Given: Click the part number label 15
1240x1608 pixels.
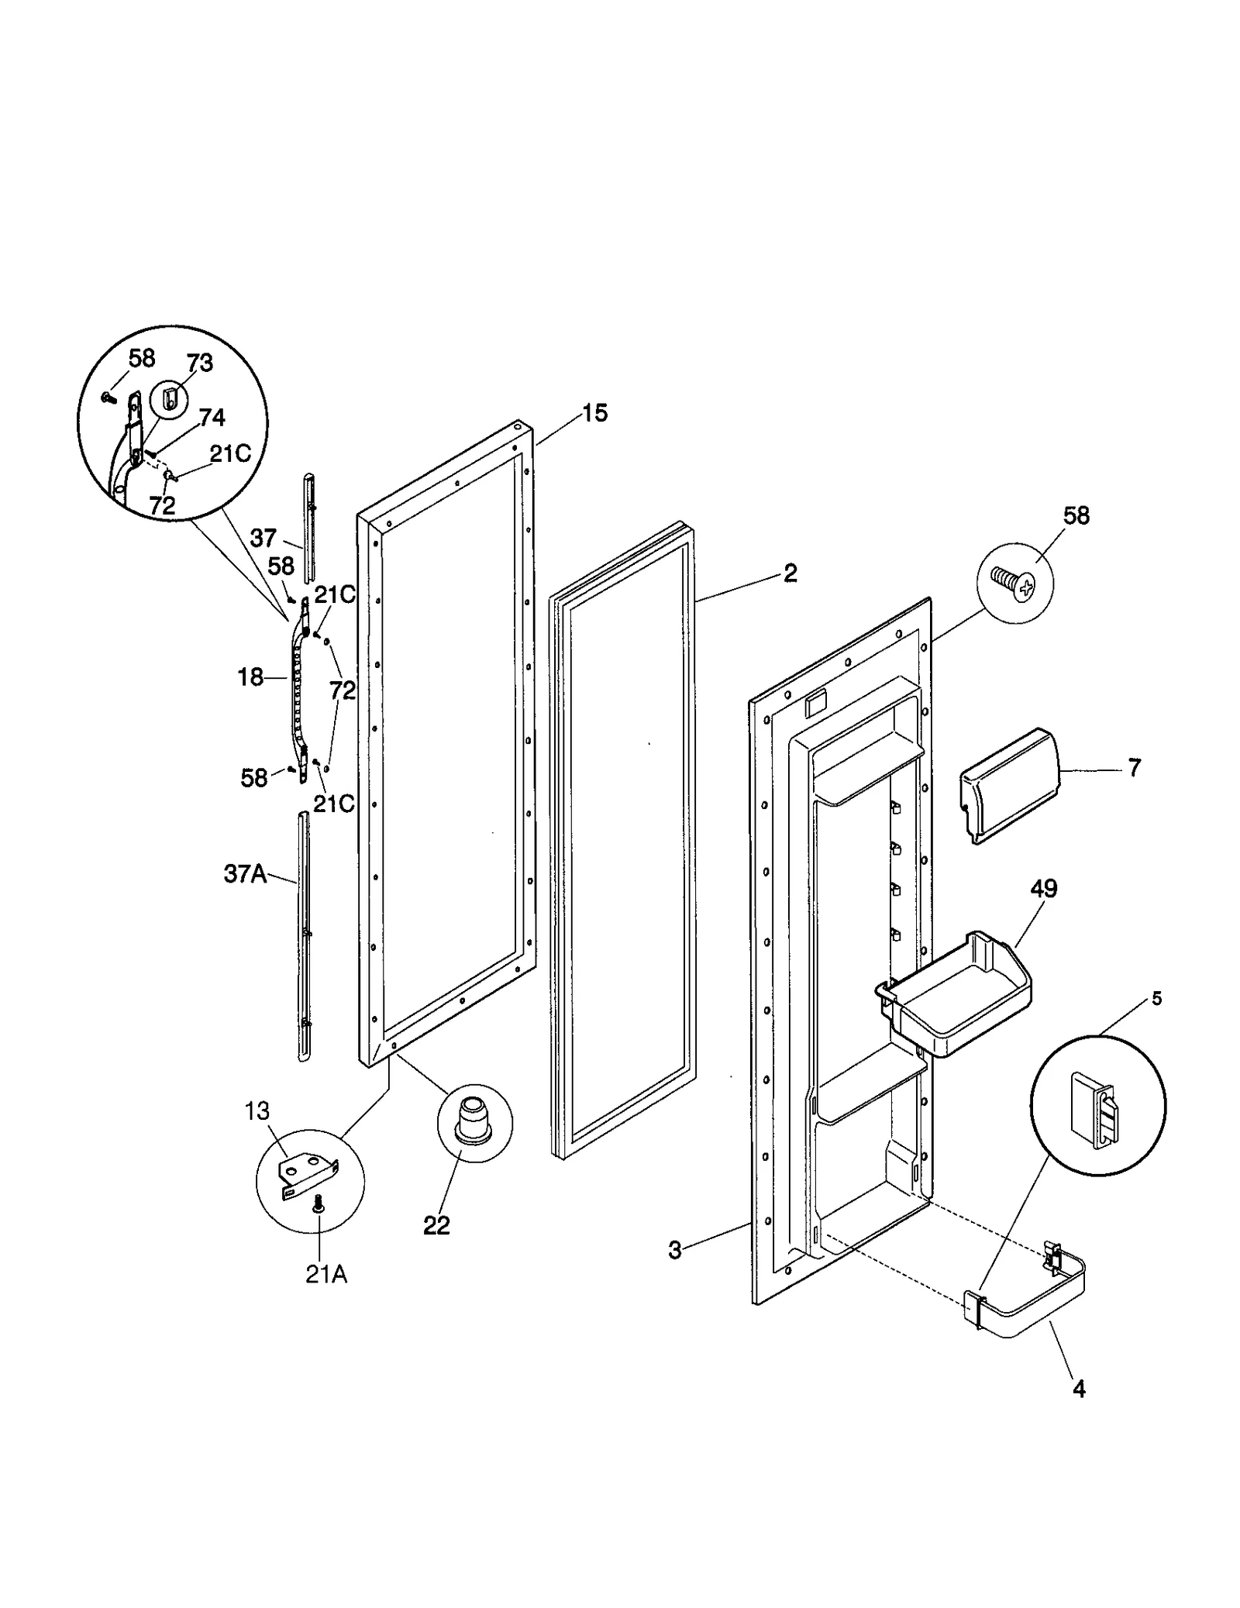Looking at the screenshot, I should pos(594,413).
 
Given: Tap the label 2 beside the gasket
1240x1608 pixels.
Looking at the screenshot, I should pos(790,573).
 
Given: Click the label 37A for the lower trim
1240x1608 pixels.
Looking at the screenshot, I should pos(245,875).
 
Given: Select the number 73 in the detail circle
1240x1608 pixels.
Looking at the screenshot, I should pos(199,363).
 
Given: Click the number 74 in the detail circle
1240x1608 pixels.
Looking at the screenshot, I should pos(212,418).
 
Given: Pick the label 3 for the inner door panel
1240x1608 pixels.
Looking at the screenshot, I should pos(675,1250).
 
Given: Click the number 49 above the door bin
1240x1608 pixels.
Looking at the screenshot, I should pos(1044,889).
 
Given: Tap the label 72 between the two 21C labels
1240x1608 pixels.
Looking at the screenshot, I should pos(342,690).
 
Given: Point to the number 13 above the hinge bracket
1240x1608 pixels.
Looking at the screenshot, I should pos(257,1110).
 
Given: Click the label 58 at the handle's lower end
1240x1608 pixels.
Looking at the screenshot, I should pos(254,778).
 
